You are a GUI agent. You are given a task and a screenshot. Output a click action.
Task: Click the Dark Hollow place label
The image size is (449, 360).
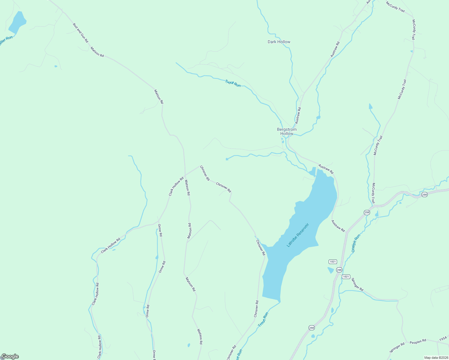[279, 42]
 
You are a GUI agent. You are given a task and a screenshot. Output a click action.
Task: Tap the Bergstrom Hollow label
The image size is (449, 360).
[287, 131]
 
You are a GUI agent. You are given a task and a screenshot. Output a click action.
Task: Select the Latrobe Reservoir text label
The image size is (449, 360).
[297, 235]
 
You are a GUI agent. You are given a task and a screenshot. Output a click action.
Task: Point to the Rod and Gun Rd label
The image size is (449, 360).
[80, 32]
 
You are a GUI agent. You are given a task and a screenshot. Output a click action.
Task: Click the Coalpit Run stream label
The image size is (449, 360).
[356, 243]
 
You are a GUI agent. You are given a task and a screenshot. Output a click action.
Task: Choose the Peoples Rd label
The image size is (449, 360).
[418, 341]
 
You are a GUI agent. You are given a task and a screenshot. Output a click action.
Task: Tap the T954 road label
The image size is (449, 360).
[443, 338]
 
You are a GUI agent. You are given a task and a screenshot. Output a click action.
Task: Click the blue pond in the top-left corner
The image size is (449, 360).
[17, 22]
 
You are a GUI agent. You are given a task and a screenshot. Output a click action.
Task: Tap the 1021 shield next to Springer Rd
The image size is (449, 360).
[346, 277]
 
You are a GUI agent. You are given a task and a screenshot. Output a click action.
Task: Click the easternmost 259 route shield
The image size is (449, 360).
[424, 195]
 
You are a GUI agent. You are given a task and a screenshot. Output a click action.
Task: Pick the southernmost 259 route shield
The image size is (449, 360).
[312, 328]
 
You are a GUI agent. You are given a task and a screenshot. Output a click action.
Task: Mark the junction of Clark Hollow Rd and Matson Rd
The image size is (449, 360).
[185, 175]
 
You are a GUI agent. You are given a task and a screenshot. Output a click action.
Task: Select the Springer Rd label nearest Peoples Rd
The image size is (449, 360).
[397, 348]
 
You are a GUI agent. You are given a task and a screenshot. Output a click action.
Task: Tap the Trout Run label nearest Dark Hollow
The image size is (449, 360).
[233, 83]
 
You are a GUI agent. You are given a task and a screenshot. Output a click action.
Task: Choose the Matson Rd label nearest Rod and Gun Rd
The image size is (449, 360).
[97, 52]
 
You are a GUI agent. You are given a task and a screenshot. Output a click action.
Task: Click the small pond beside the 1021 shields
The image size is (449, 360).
[330, 270]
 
